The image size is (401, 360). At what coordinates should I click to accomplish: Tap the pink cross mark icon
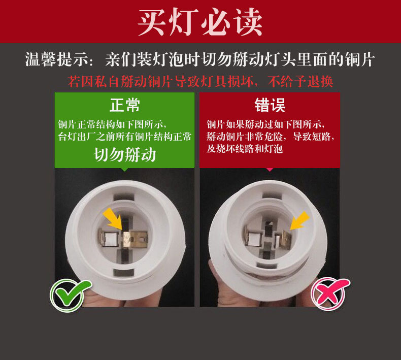coord(328,293)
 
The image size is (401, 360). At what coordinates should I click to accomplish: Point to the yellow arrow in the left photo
coord(113,219)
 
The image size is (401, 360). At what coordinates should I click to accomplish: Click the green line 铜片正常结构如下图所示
coord(112,124)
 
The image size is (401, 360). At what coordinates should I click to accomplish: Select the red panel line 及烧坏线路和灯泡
coord(244,149)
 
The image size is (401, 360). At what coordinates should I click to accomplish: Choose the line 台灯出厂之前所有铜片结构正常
coord(125,137)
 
